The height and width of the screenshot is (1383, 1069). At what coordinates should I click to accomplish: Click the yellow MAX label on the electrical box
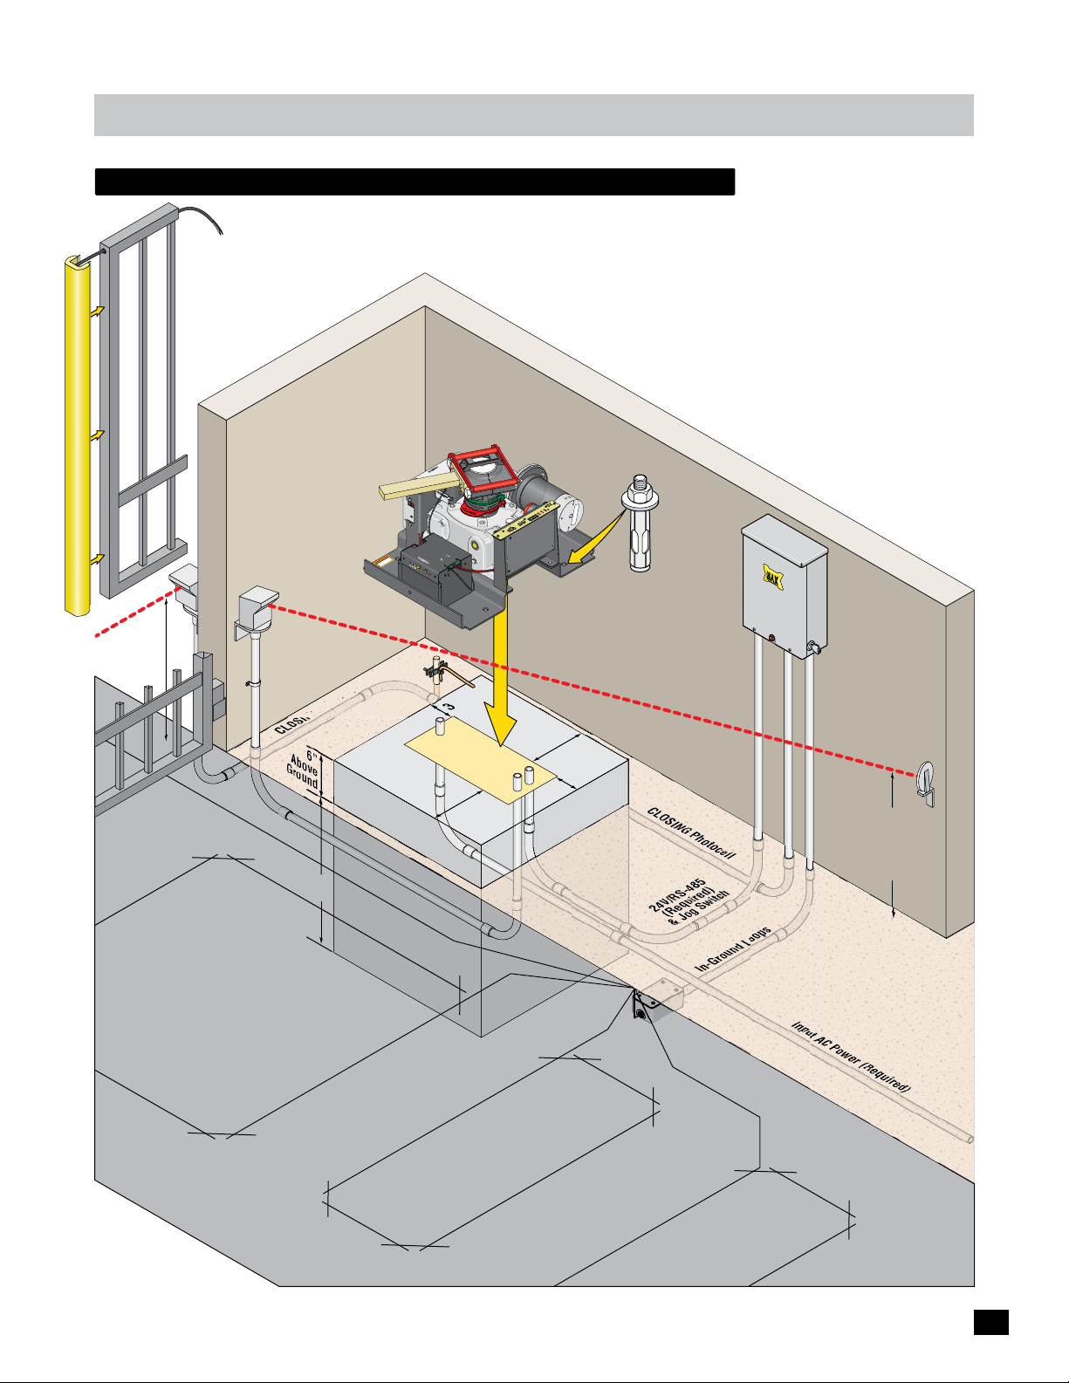point(772,576)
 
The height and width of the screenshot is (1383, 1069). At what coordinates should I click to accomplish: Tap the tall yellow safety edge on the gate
point(78,436)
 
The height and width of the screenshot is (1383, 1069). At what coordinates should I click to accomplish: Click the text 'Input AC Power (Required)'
point(851,1058)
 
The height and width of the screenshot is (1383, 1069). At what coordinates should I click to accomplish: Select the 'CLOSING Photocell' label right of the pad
point(691,832)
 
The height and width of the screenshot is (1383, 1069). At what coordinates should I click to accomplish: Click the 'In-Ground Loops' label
point(733,950)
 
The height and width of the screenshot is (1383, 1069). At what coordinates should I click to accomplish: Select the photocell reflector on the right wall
point(926,782)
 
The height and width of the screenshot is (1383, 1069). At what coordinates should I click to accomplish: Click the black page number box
point(990,1322)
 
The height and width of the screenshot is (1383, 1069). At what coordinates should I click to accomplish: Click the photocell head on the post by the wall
point(257,601)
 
